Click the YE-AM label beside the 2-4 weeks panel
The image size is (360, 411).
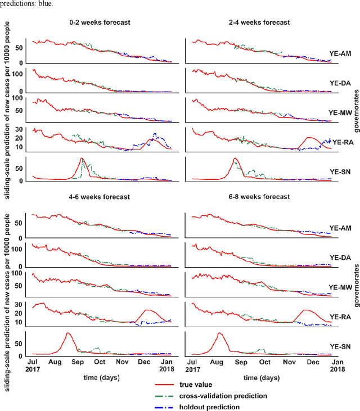point(340,55)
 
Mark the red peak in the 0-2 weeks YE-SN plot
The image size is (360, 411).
point(82,159)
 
